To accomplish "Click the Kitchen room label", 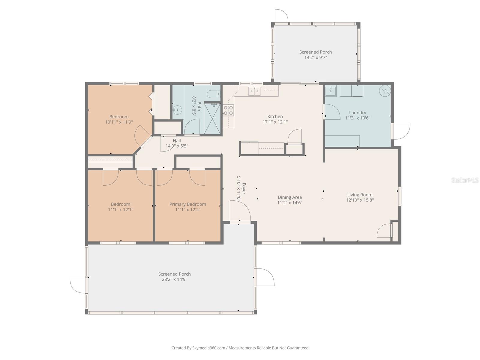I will (275, 116).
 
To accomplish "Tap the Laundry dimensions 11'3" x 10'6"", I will (358, 118).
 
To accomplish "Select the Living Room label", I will (360, 195).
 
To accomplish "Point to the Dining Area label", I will (289, 197).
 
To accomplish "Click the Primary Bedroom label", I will (187, 204).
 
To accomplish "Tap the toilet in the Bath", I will (214, 94).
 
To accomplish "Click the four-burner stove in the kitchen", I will (228, 110).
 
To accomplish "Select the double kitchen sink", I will (254, 91).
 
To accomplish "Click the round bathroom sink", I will (178, 110).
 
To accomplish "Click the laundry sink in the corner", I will (331, 90).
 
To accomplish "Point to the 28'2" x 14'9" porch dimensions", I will (174, 279).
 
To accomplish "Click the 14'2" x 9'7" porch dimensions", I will (316, 57).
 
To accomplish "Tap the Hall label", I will (177, 141).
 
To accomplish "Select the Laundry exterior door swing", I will (401, 131).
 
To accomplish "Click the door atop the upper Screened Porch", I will (281, 16).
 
